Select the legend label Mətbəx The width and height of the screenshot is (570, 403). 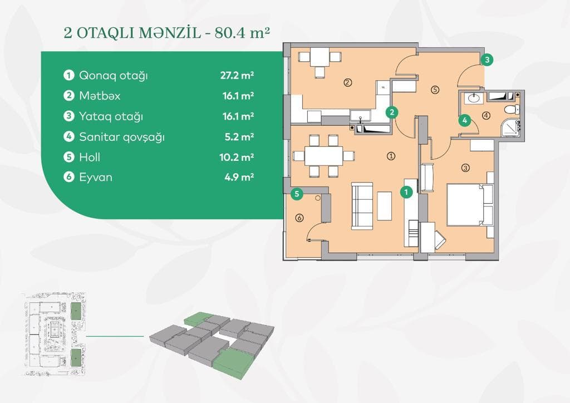pos(100,96)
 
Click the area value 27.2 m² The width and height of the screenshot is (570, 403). pos(237,76)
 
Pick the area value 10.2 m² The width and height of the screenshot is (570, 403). pos(237,158)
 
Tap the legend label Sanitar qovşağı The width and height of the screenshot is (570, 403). pos(121,137)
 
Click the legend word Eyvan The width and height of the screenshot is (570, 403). pos(96,178)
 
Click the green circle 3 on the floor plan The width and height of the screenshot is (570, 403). pos(487,60)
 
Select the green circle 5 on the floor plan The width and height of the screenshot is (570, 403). pos(298,194)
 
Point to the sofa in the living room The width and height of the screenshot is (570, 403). pos(362,205)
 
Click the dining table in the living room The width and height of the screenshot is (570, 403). pos(323,155)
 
